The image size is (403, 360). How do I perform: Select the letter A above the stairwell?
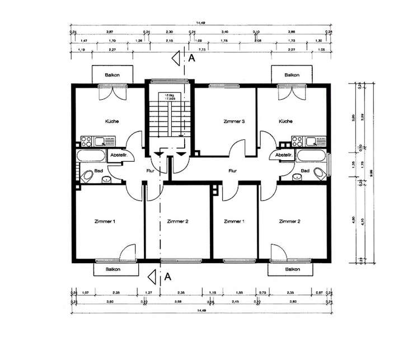tap(191, 57)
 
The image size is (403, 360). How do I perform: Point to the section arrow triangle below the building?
tap(152, 275)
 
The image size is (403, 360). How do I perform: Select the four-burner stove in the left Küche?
tap(86, 141)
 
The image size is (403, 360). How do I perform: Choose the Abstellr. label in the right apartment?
tap(284, 155)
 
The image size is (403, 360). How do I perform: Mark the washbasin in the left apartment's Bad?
tap(106, 179)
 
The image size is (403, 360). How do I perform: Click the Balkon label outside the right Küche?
tap(292, 74)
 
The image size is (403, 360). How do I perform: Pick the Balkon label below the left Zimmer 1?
tap(116, 269)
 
